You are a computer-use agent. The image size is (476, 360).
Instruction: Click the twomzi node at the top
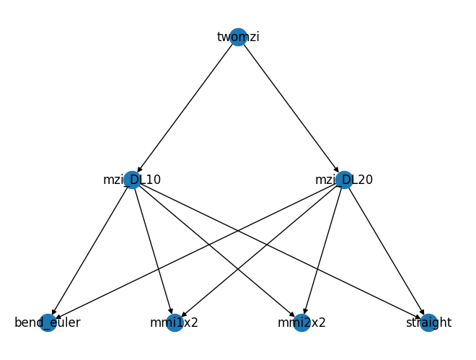(238, 37)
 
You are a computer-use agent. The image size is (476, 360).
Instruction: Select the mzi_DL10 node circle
(132, 180)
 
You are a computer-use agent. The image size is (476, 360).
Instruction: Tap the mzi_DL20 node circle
(344, 180)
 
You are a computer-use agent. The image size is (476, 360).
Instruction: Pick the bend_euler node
(48, 322)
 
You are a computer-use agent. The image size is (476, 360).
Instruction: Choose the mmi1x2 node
(175, 322)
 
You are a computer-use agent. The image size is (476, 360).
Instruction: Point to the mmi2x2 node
(301, 322)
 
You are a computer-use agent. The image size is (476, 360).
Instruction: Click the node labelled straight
(428, 322)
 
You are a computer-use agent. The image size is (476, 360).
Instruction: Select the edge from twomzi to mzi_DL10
(185, 108)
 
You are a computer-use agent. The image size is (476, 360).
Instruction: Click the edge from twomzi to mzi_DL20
(291, 108)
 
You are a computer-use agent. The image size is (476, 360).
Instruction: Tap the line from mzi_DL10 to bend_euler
(90, 251)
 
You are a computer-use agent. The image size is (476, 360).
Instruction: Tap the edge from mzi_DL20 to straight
(386, 251)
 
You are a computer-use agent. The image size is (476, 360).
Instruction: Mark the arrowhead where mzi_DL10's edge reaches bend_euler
(54, 312)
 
